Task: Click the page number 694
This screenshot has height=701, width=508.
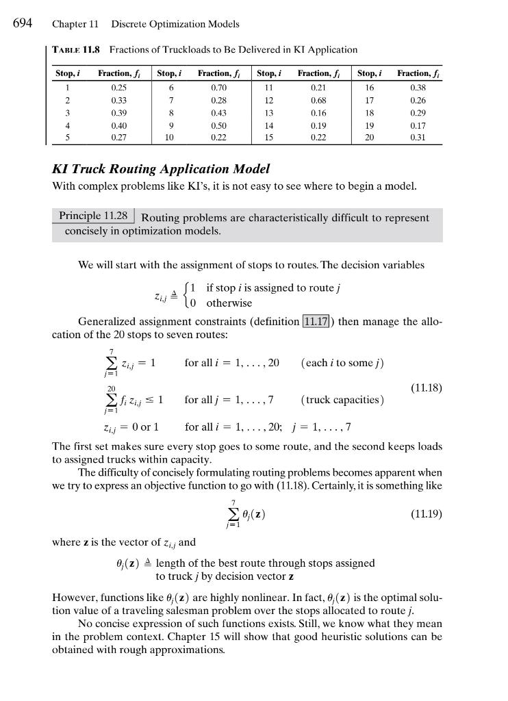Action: (x=23, y=23)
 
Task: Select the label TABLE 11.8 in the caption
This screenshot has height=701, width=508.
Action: (x=77, y=49)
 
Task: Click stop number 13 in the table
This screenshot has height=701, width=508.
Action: (x=268, y=113)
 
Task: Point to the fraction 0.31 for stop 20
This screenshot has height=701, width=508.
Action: (x=418, y=138)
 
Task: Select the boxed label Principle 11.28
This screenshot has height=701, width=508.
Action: (x=93, y=216)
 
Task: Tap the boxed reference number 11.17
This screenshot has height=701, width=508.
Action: (x=316, y=321)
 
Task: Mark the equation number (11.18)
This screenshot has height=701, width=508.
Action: (x=427, y=388)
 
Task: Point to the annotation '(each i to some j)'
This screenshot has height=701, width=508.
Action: (x=342, y=363)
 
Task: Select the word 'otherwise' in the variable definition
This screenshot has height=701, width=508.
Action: (x=229, y=303)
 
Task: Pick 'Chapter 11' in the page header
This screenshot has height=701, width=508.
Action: (x=75, y=24)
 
